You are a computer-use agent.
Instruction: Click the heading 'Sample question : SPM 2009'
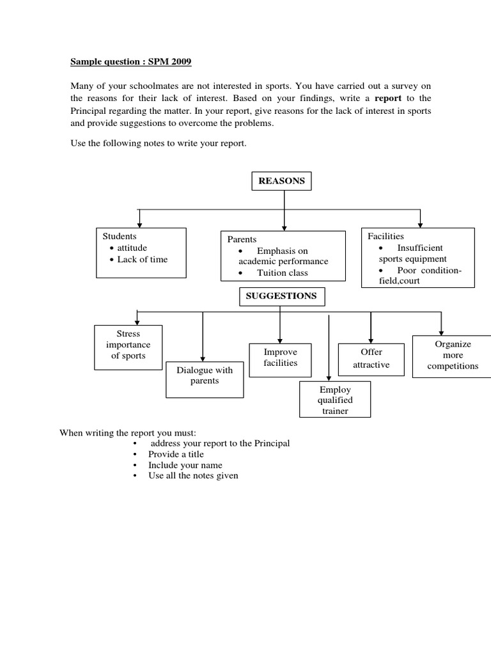[130, 62]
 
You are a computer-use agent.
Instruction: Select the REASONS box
[281, 181]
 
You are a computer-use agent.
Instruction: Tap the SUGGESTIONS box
[282, 297]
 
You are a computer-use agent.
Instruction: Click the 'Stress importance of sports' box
[128, 347]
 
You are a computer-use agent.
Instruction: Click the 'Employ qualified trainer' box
[335, 399]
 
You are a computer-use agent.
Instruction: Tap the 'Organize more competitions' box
[453, 355]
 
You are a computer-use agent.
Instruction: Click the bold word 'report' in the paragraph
[388, 99]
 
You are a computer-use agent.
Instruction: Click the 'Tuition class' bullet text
[282, 272]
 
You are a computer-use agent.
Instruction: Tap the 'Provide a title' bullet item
[176, 454]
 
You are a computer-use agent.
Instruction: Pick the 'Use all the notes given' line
[193, 476]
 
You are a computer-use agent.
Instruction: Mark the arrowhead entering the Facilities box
[419, 224]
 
